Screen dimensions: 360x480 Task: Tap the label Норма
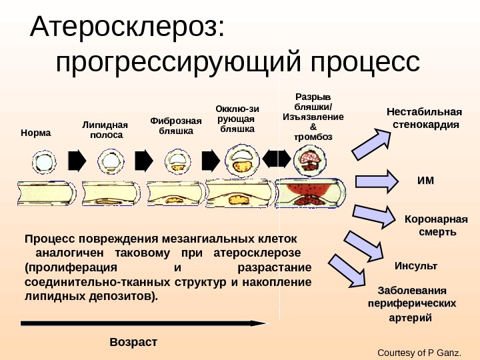(x=36, y=133)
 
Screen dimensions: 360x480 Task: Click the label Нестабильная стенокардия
(x=424, y=117)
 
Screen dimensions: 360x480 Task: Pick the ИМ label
(x=425, y=179)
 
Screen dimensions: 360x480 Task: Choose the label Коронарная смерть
(x=437, y=225)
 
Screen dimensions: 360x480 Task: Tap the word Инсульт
(x=416, y=265)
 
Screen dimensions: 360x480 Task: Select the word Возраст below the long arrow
(x=133, y=342)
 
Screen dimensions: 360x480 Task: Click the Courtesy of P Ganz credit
(x=419, y=352)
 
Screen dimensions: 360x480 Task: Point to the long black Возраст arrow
(x=143, y=323)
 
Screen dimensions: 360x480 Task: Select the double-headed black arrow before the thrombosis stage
(x=277, y=159)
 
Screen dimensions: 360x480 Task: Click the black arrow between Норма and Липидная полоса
(x=77, y=160)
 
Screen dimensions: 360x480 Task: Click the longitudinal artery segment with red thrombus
(x=311, y=194)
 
